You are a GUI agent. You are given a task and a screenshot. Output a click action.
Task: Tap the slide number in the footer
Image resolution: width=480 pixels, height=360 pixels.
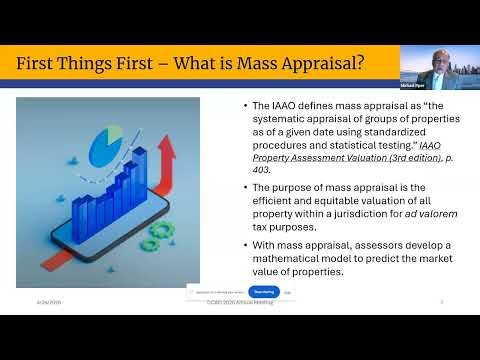442,301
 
